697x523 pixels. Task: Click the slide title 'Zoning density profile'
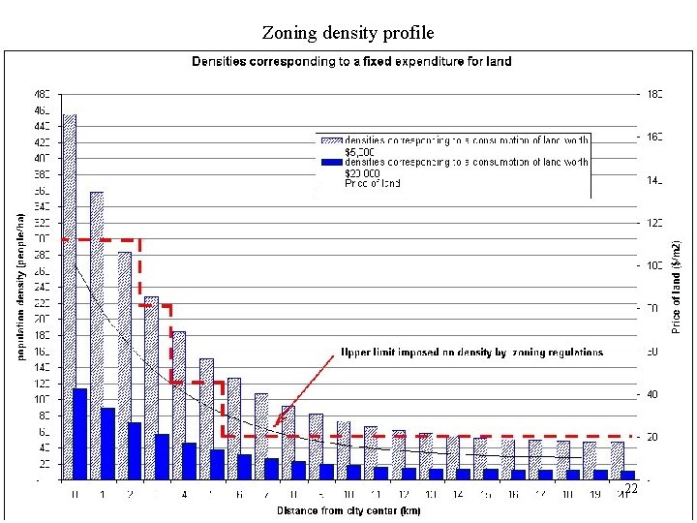(x=348, y=33)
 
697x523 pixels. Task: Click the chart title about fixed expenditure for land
(x=351, y=61)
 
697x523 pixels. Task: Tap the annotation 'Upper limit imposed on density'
(x=471, y=353)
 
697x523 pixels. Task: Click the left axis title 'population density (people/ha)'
(x=18, y=287)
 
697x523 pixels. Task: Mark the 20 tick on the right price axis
(x=653, y=438)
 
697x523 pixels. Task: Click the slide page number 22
(x=631, y=489)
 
